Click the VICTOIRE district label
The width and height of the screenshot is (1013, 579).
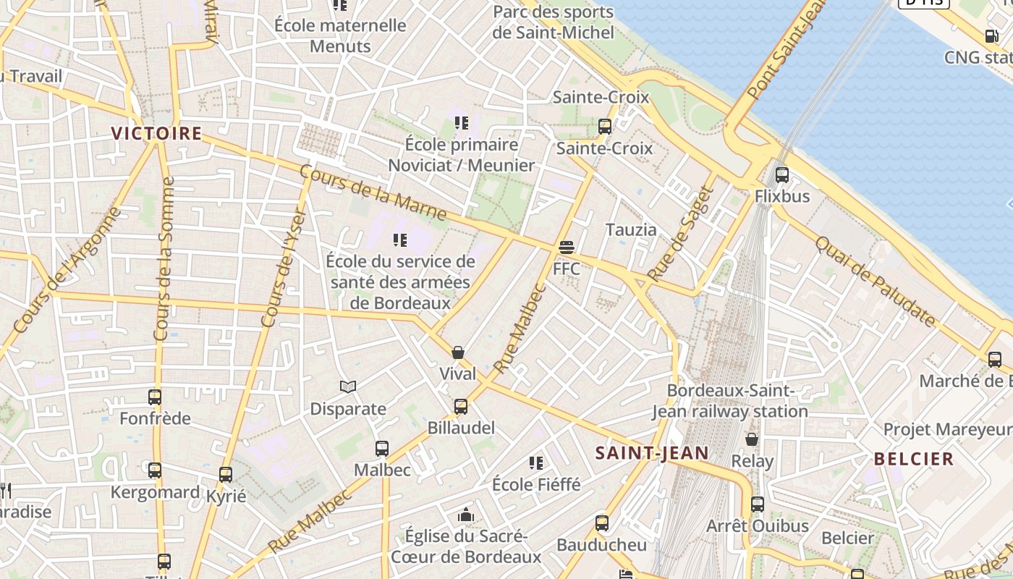tap(156, 133)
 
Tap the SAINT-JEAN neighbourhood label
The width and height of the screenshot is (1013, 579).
tap(651, 453)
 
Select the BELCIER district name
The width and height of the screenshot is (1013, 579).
tap(914, 459)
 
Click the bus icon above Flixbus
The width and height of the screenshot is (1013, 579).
tap(781, 174)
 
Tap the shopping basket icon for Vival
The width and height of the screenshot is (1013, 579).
tap(458, 352)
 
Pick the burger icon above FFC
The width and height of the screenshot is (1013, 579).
tap(567, 248)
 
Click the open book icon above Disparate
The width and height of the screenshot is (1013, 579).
tap(348, 387)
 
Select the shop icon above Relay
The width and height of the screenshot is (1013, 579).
tap(752, 439)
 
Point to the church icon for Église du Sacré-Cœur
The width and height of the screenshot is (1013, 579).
tap(466, 515)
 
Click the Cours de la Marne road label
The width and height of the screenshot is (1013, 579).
tap(373, 193)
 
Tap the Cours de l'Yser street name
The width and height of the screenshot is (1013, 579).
tap(284, 268)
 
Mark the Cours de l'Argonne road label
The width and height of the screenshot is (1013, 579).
tap(66, 271)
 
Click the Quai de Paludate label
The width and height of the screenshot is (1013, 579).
tap(876, 281)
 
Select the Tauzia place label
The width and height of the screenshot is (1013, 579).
tap(631, 230)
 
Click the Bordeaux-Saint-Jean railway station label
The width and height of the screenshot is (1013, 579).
tap(730, 401)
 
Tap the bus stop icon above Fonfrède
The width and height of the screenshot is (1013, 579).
tap(155, 397)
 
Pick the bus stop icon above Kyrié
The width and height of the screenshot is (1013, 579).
tap(226, 475)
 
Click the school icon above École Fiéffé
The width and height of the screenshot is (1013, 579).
tap(536, 462)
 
